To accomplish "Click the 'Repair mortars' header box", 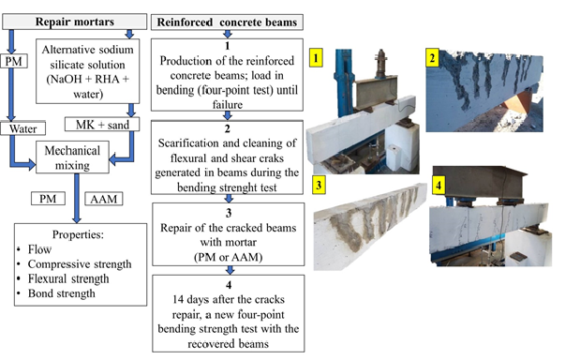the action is click(x=74, y=22).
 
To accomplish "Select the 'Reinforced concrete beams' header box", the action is click(x=227, y=22).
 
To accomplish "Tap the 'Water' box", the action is click(x=22, y=128).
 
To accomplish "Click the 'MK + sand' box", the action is click(x=102, y=125).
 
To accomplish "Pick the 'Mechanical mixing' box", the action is click(x=72, y=157).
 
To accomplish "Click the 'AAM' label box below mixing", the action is click(x=104, y=199).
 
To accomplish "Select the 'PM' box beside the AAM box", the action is click(x=48, y=199).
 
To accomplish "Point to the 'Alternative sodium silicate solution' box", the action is click(x=88, y=71).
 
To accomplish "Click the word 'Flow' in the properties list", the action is click(x=39, y=249).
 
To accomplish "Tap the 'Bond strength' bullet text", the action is click(x=62, y=293).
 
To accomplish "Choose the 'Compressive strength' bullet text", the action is click(x=80, y=264).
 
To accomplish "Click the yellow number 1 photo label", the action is click(x=316, y=58).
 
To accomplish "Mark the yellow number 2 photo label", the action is click(x=432, y=58).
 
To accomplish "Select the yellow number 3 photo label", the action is click(x=319, y=185).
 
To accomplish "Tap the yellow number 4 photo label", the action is click(x=439, y=185).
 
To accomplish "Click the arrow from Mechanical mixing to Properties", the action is click(x=77, y=199).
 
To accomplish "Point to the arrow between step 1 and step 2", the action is click(x=228, y=115).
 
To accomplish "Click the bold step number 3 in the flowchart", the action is click(x=229, y=213).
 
